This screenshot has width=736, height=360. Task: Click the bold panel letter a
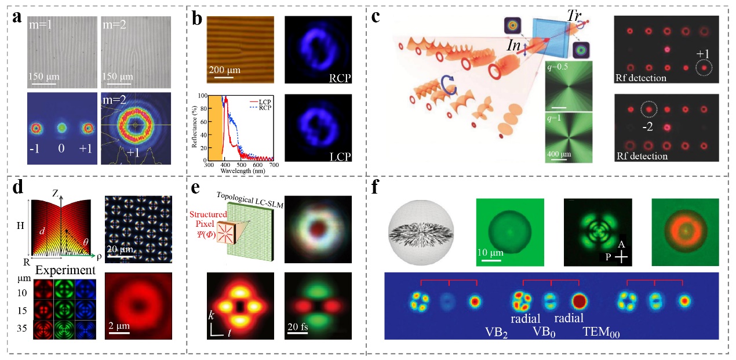(x=18, y=19)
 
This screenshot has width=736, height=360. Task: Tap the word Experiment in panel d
(x=56, y=270)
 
